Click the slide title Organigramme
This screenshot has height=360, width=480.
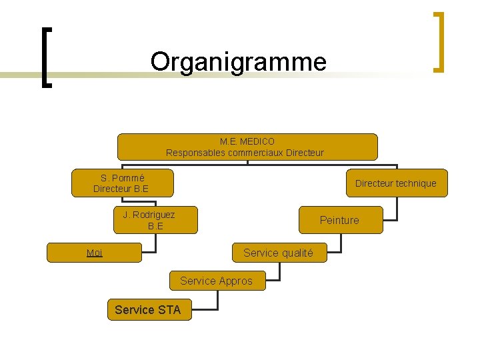tap(239, 61)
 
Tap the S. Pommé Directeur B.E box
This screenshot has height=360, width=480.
tap(122, 183)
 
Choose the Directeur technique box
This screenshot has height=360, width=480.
tap(396, 183)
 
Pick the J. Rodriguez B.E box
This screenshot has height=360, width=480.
tap(155, 220)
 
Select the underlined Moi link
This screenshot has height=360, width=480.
tap(95, 253)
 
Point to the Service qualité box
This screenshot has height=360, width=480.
tap(277, 253)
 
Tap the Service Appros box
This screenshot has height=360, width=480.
tap(217, 281)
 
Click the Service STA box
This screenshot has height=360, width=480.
tap(148, 309)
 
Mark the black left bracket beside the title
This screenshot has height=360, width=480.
tap(44, 57)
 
